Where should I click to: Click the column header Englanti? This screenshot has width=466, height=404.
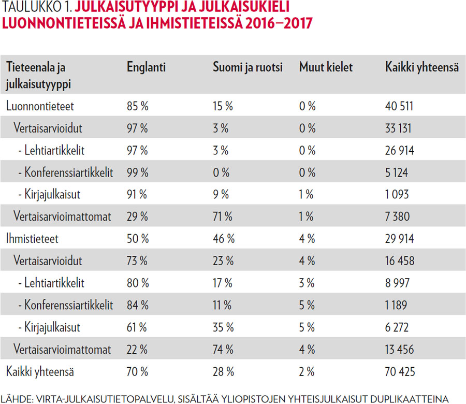[x=146, y=67]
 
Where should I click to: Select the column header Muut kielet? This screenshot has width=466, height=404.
[x=326, y=67]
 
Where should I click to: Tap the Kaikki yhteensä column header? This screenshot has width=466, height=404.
[x=421, y=67]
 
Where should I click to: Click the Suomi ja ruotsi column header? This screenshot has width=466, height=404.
[x=247, y=67]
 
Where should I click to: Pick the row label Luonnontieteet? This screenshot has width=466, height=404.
[x=40, y=106]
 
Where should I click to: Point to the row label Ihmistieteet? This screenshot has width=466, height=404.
[x=33, y=239]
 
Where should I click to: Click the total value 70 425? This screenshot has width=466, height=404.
[x=400, y=371]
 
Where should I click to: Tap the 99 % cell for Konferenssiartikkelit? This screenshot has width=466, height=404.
[x=137, y=172]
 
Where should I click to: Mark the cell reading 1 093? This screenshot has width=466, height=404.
[x=397, y=195]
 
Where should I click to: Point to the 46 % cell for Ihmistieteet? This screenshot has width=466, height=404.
[x=224, y=239]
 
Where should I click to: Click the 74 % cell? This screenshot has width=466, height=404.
[x=224, y=349]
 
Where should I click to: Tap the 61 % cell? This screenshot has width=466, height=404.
[x=137, y=327]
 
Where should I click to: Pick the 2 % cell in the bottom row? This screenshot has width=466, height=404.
[x=308, y=371]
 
